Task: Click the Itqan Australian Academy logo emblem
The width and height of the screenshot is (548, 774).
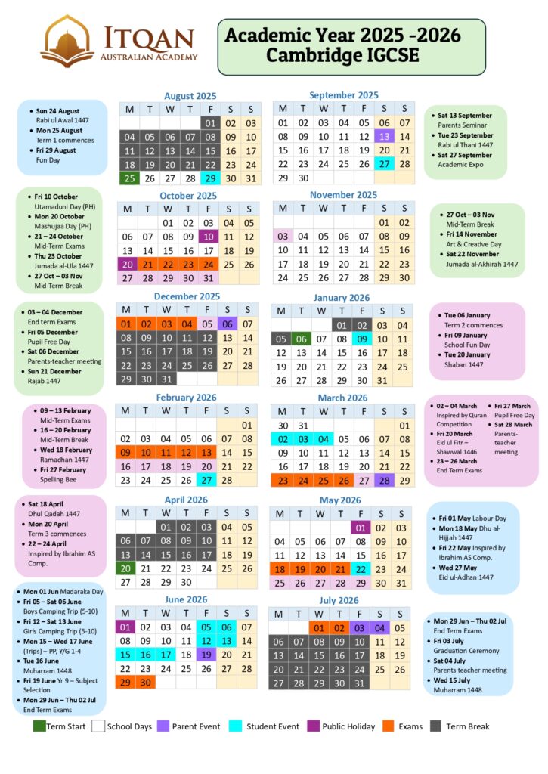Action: [67, 39]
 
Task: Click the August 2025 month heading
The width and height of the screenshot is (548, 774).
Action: [190, 96]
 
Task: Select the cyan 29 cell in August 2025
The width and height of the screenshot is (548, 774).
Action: [210, 178]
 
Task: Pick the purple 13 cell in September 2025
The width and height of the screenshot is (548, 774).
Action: [384, 136]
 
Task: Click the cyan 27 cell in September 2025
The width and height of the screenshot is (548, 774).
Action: [384, 164]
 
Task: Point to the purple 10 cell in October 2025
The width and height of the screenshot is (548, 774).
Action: [208, 237]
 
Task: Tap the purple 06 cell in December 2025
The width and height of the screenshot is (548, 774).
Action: [227, 324]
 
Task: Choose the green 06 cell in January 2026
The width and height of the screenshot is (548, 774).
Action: [302, 339]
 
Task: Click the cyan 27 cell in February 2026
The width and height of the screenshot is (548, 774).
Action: [206, 480]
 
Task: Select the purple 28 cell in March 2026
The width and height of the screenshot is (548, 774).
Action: [384, 480]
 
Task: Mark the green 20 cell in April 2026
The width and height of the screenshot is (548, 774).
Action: [125, 568]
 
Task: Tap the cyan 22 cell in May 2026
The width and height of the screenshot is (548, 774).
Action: [361, 569]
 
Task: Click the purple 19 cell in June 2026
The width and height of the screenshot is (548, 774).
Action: [206, 655]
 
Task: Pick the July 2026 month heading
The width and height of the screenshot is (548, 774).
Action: [338, 601]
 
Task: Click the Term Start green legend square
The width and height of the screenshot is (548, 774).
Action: [39, 726]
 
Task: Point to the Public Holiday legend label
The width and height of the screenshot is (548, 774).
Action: [348, 727]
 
